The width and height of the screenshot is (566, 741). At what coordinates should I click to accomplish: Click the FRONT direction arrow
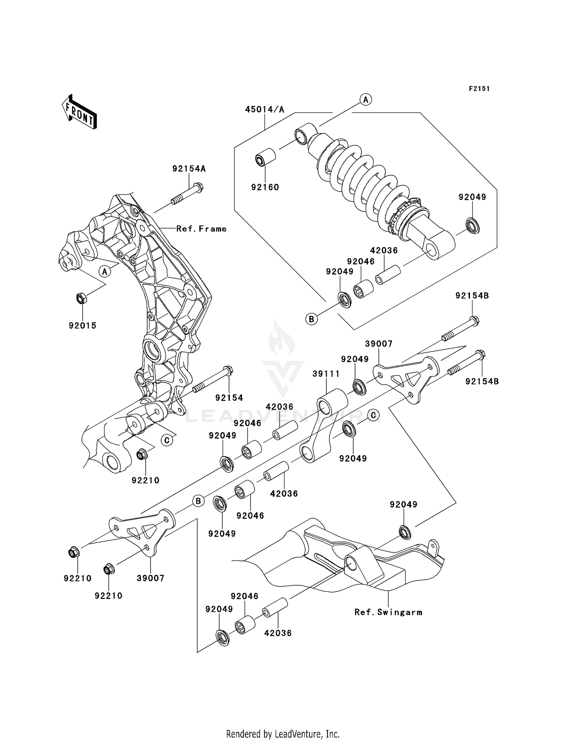[79, 113]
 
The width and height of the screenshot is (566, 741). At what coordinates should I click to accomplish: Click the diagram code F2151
[479, 89]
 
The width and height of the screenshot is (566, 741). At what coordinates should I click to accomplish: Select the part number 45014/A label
[265, 110]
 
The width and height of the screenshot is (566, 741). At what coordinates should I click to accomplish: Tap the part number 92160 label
[265, 187]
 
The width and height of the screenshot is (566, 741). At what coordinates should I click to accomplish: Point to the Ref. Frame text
[201, 228]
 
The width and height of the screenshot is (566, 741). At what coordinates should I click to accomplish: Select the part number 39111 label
[326, 374]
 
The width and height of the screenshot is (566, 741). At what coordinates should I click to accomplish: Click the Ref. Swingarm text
[388, 612]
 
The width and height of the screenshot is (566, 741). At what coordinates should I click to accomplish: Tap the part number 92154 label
[229, 398]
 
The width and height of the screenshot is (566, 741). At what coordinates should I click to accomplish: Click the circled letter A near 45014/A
[365, 100]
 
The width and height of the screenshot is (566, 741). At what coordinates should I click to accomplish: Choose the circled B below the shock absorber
[311, 319]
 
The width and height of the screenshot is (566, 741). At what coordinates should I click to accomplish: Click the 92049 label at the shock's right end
[472, 197]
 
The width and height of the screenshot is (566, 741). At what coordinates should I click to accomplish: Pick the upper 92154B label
[472, 296]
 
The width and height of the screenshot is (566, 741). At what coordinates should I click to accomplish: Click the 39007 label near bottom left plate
[150, 578]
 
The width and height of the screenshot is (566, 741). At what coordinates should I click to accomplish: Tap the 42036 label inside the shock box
[384, 250]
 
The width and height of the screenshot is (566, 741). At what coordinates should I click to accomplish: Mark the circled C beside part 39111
[373, 415]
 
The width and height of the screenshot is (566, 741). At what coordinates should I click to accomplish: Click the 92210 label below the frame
[145, 480]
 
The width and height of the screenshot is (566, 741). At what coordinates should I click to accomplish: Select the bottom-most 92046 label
[245, 596]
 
